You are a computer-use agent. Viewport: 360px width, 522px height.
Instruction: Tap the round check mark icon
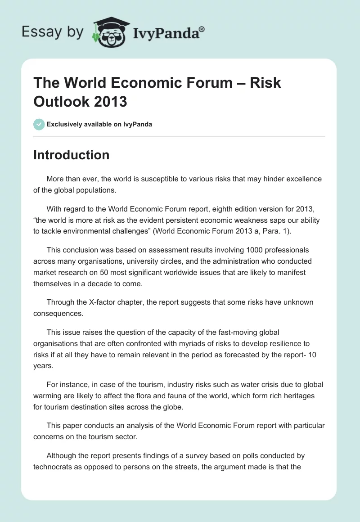point(39,124)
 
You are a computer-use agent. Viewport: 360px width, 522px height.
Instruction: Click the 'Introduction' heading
point(71,155)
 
